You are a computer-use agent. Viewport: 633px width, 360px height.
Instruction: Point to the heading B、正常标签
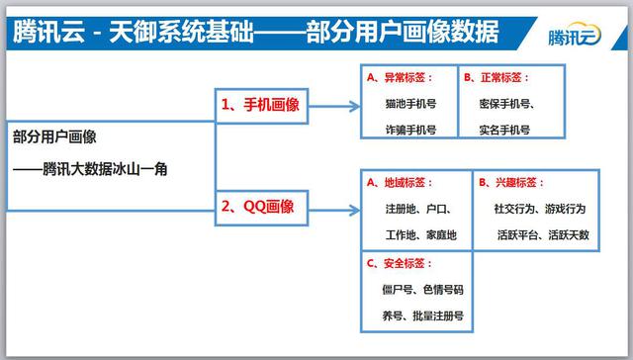(x=497, y=76)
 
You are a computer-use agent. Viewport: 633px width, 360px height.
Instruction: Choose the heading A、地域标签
(x=399, y=183)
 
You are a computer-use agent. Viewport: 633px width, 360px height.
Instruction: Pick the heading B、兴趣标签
(x=510, y=183)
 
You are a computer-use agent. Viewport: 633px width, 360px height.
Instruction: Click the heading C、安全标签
(x=399, y=263)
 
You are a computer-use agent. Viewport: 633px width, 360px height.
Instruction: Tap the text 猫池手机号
(x=409, y=102)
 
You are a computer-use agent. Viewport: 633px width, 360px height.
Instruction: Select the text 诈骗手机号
(x=409, y=129)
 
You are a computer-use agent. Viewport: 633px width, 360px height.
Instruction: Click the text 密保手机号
(x=506, y=103)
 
